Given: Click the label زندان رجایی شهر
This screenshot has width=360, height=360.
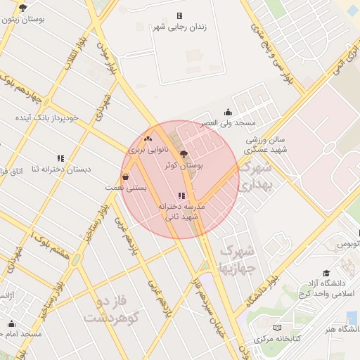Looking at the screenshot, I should click(x=179, y=27).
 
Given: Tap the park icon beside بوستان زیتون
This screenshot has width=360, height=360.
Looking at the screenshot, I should click(x=23, y=8).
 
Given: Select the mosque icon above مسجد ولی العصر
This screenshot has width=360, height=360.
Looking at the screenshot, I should click(x=228, y=112).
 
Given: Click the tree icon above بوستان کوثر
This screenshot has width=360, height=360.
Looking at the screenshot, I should click(x=184, y=154).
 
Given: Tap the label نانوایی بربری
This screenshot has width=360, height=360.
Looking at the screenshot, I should click(x=145, y=150).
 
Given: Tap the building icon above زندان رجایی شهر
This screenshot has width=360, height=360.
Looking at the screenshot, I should click(x=179, y=15).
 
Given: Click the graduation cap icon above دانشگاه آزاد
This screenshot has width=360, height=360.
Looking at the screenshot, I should click(x=326, y=273).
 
